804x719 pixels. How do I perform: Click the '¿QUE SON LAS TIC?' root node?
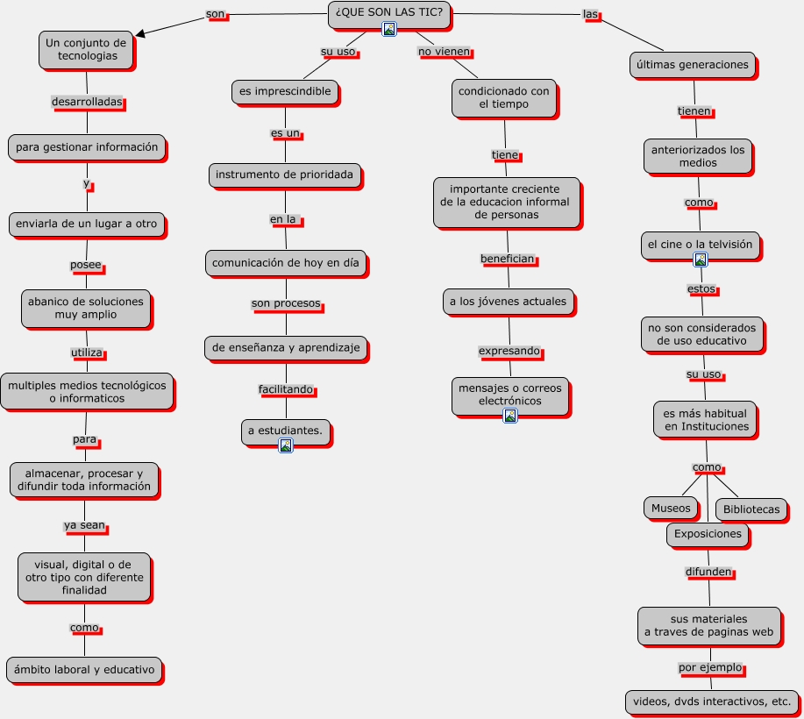[389, 12]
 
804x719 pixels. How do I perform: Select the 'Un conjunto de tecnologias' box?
[86, 49]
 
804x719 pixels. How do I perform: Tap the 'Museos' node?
[672, 508]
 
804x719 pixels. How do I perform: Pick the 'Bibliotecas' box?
[751, 509]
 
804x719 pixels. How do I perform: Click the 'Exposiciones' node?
[708, 533]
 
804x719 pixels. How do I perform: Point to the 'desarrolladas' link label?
[87, 102]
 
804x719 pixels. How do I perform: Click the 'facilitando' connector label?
[285, 389]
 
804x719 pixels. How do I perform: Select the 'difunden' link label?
[708, 572]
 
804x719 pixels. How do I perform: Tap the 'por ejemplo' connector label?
[710, 668]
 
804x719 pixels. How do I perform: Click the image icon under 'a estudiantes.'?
[285, 445]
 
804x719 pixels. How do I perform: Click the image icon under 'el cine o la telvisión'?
[700, 260]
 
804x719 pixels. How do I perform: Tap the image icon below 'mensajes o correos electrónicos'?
[509, 415]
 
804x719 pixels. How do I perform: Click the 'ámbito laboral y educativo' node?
[84, 670]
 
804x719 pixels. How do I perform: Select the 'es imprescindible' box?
[285, 91]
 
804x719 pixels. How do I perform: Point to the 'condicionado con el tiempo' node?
[504, 97]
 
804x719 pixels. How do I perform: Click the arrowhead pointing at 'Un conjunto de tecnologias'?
[140, 33]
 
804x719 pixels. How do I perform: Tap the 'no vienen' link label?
[444, 52]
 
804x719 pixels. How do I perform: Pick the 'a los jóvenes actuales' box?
[508, 302]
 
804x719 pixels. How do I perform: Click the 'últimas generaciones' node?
[692, 64]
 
